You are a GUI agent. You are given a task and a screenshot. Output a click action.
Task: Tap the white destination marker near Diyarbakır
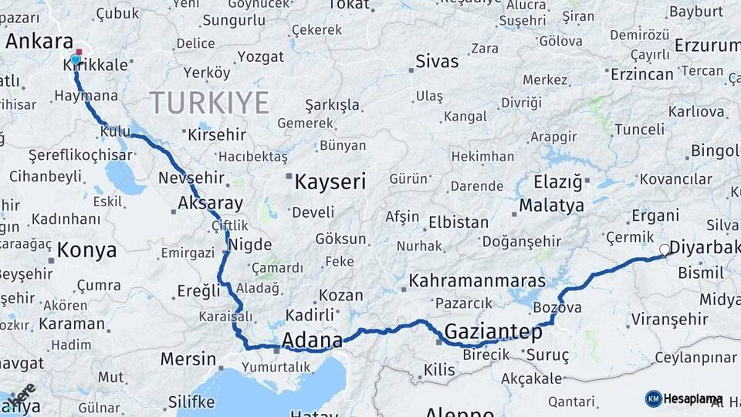point(665,249)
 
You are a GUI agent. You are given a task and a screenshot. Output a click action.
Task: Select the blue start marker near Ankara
point(76,59)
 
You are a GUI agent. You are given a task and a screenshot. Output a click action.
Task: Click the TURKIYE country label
point(209,103)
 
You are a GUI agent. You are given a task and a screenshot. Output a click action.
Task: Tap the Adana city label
point(312,340)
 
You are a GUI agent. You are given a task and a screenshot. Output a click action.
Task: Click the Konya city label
point(86,250)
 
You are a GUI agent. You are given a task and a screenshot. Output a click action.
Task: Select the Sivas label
point(437,61)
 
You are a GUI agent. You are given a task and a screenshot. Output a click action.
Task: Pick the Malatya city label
point(551,206)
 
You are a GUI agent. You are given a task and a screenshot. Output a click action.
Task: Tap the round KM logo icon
point(653,398)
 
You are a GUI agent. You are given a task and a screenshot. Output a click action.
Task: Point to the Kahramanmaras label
point(477,280)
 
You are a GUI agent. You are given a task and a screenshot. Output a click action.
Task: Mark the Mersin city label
point(188,359)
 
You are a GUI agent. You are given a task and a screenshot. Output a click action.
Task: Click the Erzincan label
point(641,74)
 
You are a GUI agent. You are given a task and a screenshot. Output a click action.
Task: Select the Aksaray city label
point(210,204)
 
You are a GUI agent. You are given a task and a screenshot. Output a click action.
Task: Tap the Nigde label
point(252,246)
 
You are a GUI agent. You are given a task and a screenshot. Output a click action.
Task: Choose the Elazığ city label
point(557,182)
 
